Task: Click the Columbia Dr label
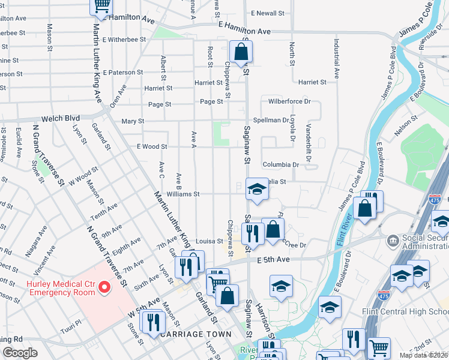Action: tap(280, 164)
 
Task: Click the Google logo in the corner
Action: tap(20, 352)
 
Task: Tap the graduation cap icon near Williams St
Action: tap(257, 190)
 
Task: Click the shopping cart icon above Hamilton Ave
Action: tap(101, 6)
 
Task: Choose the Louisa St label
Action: tap(208, 241)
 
